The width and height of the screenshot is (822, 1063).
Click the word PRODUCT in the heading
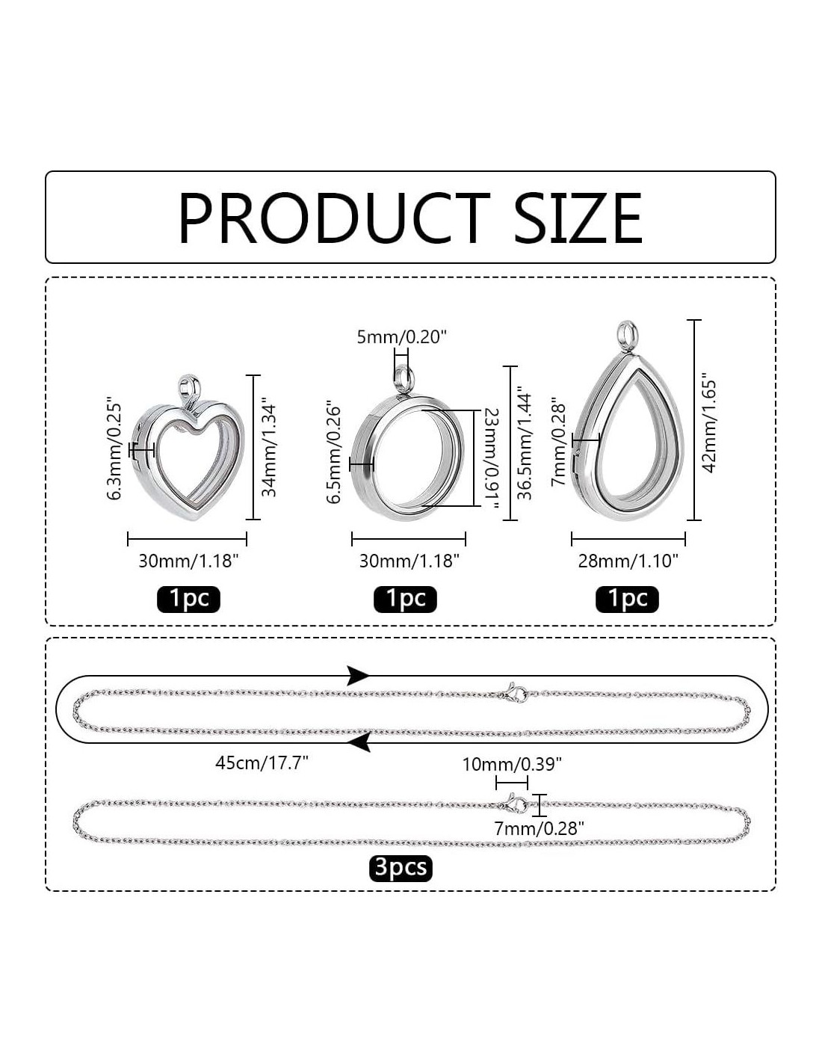(334, 218)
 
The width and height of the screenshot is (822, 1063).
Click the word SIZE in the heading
(578, 218)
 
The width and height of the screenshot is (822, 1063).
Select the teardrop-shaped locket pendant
(628, 422)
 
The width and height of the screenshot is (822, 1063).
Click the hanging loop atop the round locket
(404, 380)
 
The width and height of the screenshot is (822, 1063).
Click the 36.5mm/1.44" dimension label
(525, 446)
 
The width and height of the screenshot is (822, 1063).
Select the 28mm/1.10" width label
(628, 561)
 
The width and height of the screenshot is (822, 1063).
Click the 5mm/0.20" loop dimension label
(401, 337)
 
